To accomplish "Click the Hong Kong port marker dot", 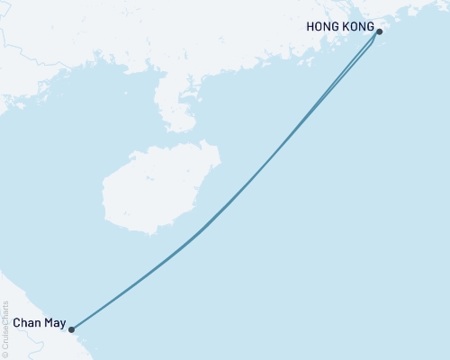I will pyautogui.click(x=379, y=32).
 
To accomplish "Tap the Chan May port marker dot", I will pyautogui.click(x=71, y=329).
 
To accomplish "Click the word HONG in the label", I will pyautogui.click(x=325, y=27).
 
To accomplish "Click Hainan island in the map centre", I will pyautogui.click(x=148, y=193).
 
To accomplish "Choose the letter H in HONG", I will pyautogui.click(x=311, y=27).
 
